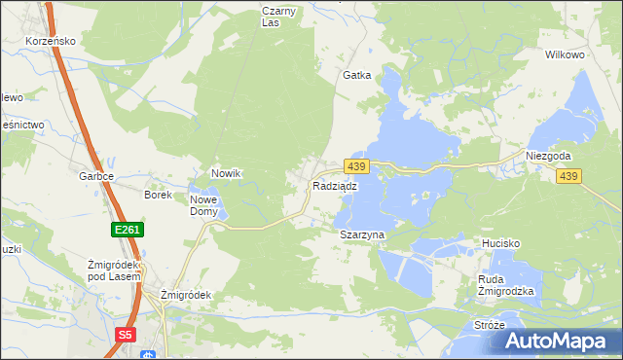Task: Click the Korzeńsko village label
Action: (51, 42)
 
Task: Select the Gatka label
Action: (356, 75)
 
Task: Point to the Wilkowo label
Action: (565, 55)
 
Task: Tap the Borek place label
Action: (158, 195)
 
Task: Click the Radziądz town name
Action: (335, 185)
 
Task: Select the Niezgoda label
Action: (548, 156)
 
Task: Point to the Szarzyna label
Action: (363, 235)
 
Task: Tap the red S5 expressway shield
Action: (125, 335)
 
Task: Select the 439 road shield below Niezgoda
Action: (569, 176)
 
